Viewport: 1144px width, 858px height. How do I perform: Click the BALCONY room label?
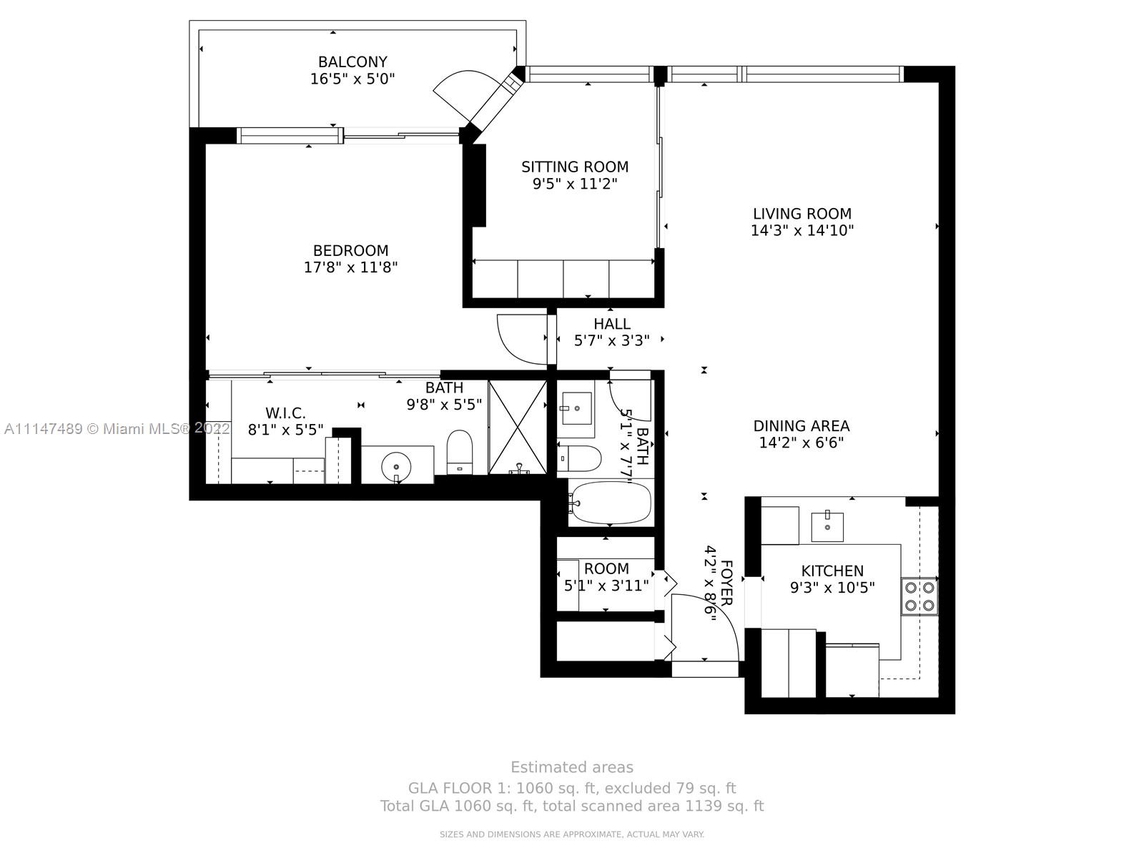click(x=352, y=62)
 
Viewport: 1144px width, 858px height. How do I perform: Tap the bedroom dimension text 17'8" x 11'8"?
click(x=351, y=267)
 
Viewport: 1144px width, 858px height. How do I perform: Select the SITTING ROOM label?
click(x=575, y=167)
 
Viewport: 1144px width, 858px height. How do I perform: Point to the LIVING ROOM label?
click(x=802, y=214)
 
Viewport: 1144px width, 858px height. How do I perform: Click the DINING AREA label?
click(x=802, y=426)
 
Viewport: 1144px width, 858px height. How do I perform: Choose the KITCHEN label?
click(x=832, y=571)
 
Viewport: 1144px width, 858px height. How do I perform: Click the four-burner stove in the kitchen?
click(x=919, y=596)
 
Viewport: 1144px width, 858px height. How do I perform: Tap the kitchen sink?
click(x=827, y=526)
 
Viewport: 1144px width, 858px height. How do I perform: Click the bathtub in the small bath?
click(x=610, y=503)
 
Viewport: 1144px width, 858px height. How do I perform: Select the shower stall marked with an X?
click(x=518, y=427)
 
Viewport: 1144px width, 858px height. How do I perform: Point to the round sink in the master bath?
click(x=397, y=464)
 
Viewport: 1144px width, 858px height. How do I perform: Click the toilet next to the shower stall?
click(x=459, y=452)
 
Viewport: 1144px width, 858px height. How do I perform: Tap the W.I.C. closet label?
click(x=285, y=413)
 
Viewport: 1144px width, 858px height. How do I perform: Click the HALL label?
click(x=612, y=324)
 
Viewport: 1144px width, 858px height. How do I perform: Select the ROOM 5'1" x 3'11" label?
click(x=606, y=577)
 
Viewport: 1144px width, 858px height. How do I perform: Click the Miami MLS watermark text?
click(x=117, y=429)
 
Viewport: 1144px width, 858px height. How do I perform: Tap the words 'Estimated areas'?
click(x=572, y=767)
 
